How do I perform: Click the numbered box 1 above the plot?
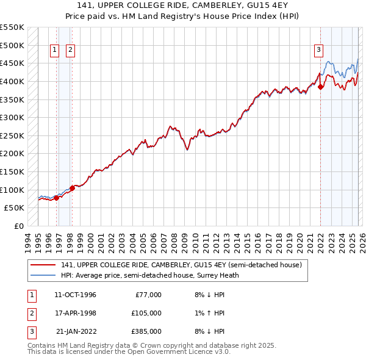point(55,50)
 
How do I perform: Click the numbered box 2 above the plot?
point(71,50)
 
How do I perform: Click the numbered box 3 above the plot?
point(318,50)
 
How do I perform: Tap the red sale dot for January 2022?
point(321,87)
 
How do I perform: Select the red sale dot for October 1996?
point(56,198)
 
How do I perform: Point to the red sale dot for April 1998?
point(72,188)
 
